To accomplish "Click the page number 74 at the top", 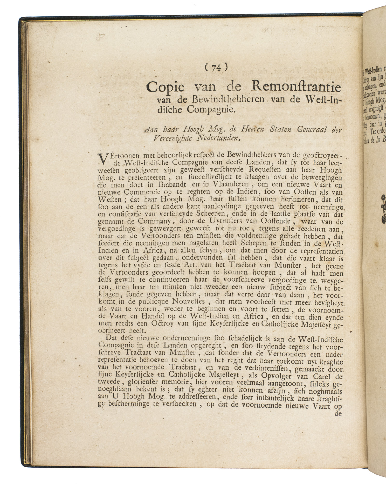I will point(216,68).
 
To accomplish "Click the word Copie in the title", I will point(165,87).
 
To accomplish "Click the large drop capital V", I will point(101,159).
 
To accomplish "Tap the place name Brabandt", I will point(148,185).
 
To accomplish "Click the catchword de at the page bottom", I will point(337,415).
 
